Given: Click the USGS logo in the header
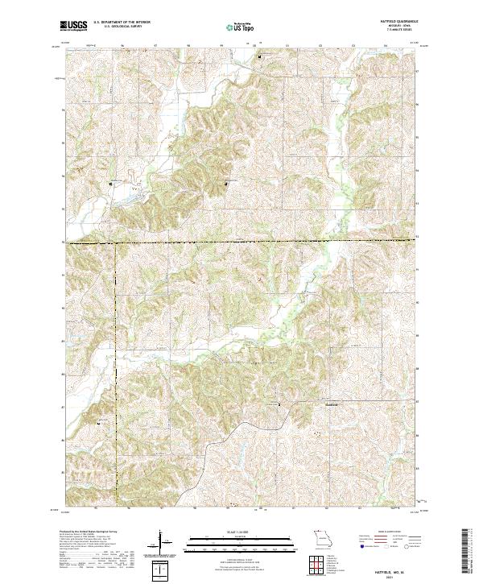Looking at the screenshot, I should click(74, 26).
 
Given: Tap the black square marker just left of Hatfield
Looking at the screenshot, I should click(279, 404).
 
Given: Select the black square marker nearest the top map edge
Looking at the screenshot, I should click(259, 57).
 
